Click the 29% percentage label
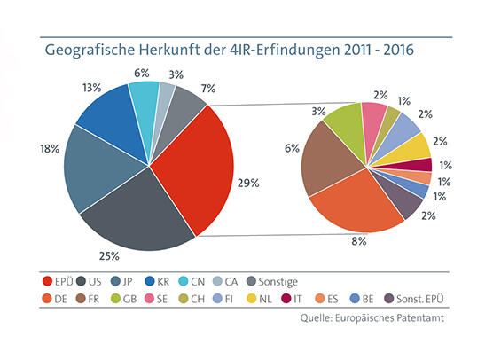click(x=249, y=183)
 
